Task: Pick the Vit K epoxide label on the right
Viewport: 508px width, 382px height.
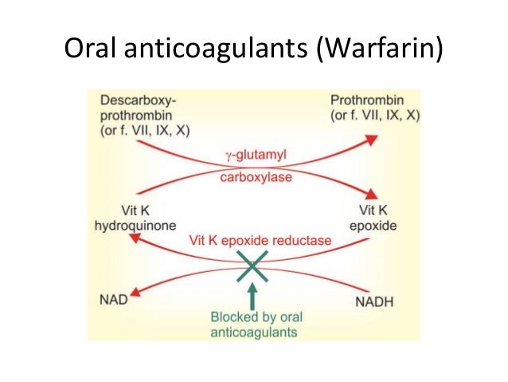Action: tap(372, 219)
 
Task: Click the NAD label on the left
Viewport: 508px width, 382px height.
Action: tap(115, 299)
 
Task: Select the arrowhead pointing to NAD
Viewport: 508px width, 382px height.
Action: tap(141, 292)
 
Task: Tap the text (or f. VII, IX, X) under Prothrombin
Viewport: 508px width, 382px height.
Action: tap(373, 116)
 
